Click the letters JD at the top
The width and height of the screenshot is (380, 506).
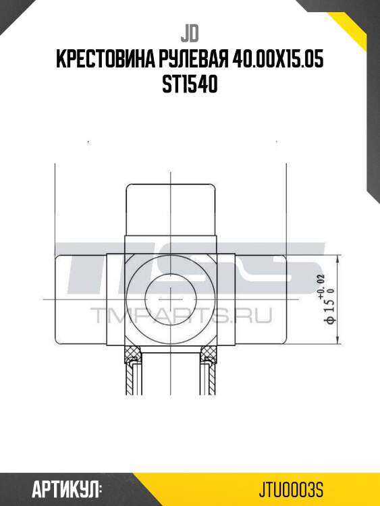pos(190,33)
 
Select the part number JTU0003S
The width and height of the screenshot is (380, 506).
pos(295,488)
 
